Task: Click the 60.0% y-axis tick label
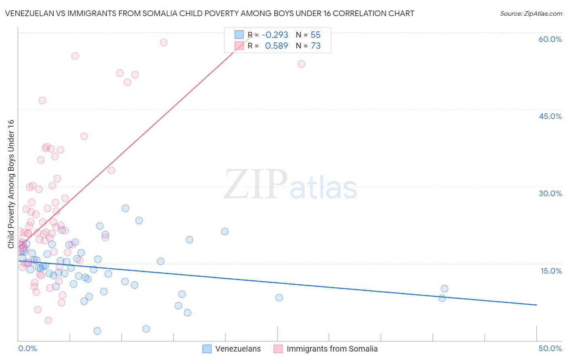550,39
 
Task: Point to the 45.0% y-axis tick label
550,116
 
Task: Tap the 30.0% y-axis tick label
550,193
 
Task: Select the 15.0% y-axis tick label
551,271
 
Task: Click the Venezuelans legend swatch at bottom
207,349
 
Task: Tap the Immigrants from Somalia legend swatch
278,349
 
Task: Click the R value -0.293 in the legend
275,35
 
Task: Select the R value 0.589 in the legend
276,46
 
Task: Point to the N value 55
315,35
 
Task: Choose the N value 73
315,46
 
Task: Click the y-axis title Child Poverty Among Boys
11,184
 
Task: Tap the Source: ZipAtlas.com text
531,14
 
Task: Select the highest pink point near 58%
164,42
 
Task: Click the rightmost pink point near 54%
301,64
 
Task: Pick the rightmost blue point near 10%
444,289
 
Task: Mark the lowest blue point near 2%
97,331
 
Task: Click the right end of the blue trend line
536,305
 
